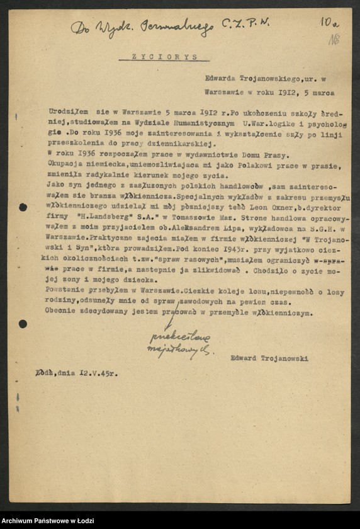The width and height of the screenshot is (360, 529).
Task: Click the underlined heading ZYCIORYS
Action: tap(163, 57)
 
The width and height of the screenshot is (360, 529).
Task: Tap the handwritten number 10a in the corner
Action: tap(329, 23)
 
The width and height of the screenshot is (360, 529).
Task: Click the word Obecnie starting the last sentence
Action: tap(64, 312)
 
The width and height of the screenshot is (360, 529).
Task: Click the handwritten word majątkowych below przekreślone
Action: tap(178, 350)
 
